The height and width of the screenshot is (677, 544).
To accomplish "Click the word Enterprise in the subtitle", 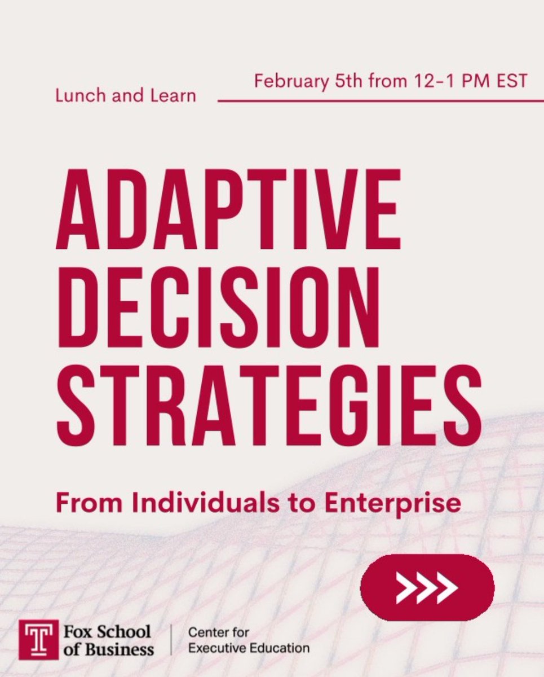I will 393,504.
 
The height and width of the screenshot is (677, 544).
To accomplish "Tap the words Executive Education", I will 248,648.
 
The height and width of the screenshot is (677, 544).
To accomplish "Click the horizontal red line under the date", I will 373,101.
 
